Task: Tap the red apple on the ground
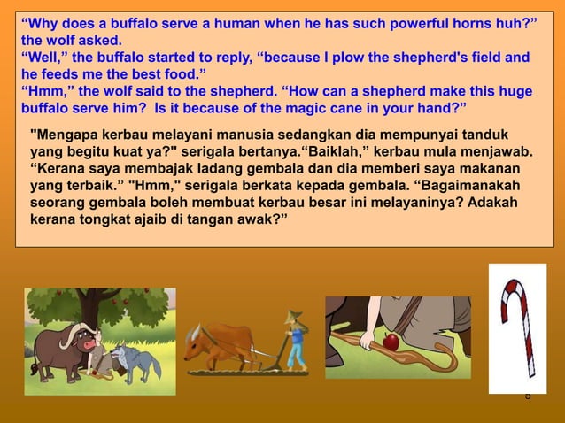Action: click(x=391, y=342)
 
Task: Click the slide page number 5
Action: click(x=528, y=396)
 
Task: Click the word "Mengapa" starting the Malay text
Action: click(x=61, y=135)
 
